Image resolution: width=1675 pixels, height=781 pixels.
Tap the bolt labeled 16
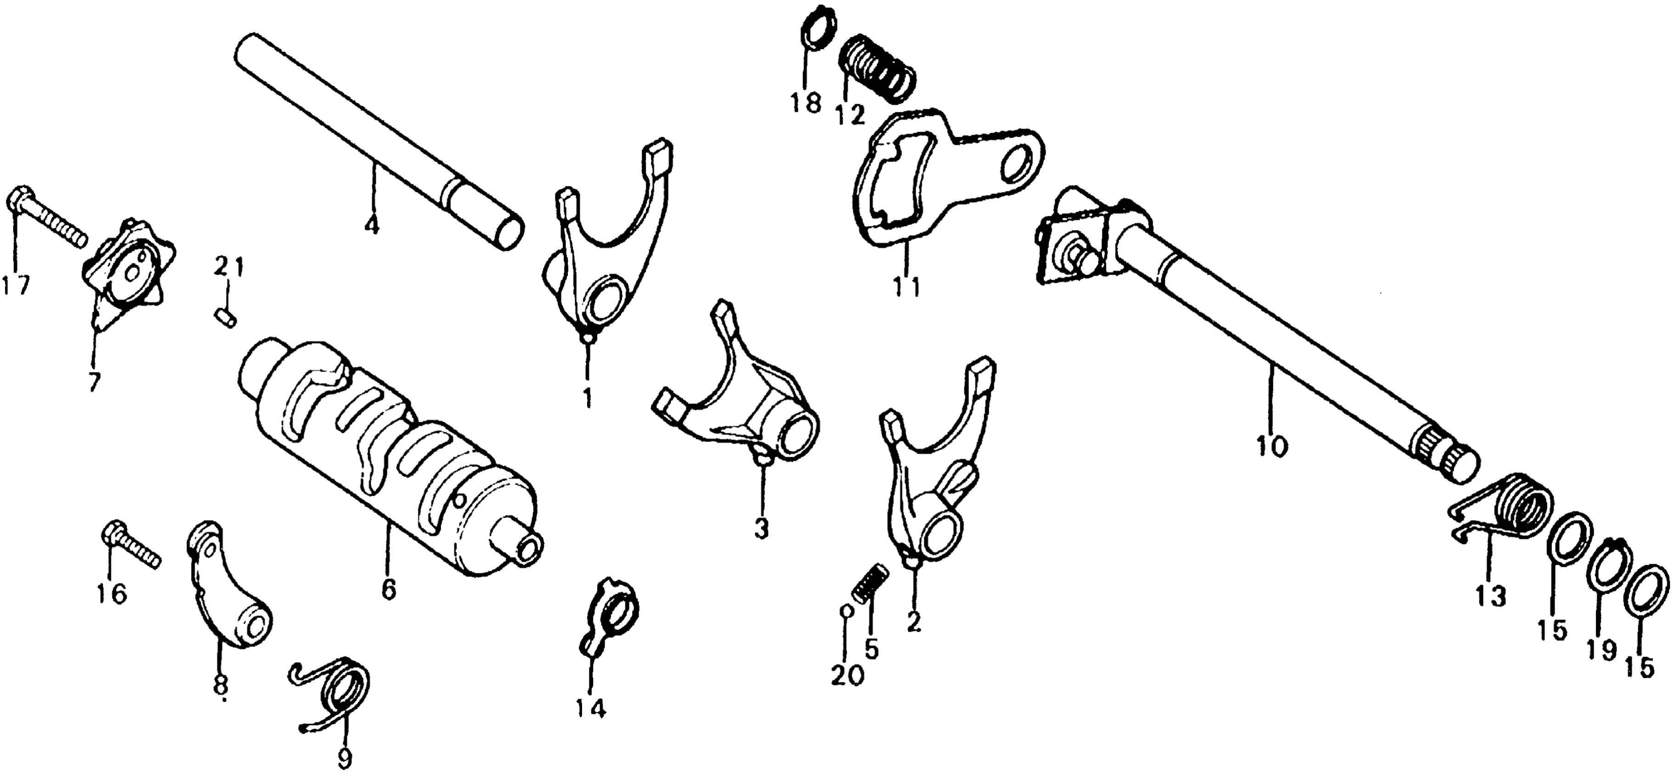[x=130, y=547]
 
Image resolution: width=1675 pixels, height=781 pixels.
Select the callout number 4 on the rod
[x=371, y=226]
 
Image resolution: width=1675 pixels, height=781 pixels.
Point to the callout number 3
[x=761, y=529]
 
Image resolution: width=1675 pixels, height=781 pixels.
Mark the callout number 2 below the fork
[x=914, y=623]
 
